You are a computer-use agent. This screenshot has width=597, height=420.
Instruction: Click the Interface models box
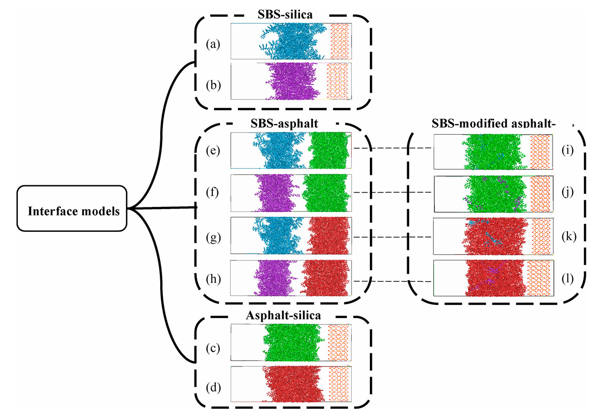[x=71, y=210]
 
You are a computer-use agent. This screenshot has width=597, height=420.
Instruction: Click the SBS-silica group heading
[x=283, y=15]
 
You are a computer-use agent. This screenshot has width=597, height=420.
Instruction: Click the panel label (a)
[x=213, y=44]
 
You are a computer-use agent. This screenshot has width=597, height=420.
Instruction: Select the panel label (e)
[x=213, y=151]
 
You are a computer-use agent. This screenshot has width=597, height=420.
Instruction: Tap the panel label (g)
[x=213, y=237]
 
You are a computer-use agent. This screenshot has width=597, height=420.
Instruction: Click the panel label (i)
[x=567, y=151]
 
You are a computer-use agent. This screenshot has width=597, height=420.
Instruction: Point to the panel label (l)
[x=567, y=279]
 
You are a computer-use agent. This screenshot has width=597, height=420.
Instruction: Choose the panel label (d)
[x=213, y=387]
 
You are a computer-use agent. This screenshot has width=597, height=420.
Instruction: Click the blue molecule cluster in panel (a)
[x=293, y=42]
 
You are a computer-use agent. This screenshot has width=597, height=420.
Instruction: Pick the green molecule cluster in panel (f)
[x=326, y=193]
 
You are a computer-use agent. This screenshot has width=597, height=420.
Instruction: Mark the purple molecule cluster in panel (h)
[x=275, y=278]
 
